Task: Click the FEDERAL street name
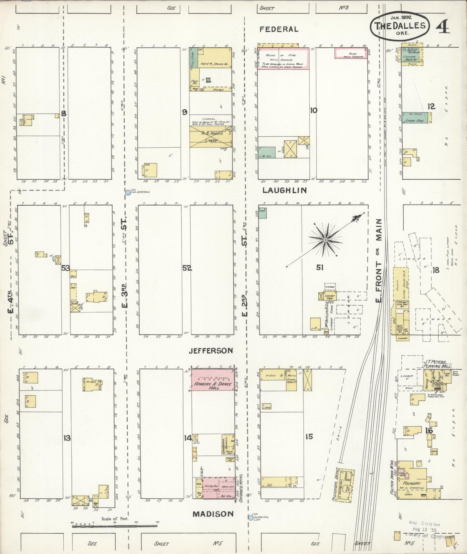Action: (279, 29)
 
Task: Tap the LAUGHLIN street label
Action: (284, 190)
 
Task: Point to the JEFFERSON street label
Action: (211, 350)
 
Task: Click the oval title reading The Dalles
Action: (402, 26)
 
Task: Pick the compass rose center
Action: (325, 240)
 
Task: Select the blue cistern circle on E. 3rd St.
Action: (128, 193)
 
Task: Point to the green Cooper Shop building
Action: (415, 118)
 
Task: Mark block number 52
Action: (187, 268)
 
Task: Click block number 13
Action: (67, 438)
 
